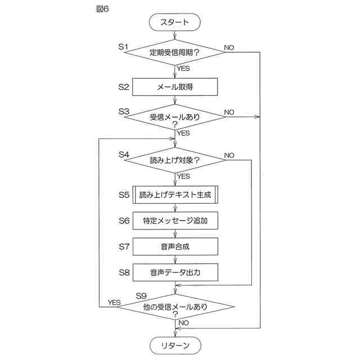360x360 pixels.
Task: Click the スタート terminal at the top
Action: pos(175,22)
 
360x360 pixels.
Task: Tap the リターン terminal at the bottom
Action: pos(175,345)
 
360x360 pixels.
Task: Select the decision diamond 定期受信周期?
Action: pos(175,52)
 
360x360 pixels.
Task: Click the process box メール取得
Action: pos(175,87)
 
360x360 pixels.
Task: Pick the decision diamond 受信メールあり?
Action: pos(175,117)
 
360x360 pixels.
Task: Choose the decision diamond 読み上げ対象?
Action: pos(175,160)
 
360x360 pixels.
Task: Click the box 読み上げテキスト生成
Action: pos(175,195)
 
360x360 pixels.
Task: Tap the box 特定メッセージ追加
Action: pos(175,220)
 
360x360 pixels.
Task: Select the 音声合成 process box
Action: pos(175,246)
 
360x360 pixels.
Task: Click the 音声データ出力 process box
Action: pos(175,272)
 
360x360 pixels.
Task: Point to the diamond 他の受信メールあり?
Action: pos(175,307)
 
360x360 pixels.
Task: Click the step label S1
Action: pos(123,47)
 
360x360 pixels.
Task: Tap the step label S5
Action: pos(124,195)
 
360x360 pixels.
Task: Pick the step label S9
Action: pos(141,296)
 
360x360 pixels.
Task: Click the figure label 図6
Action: pos(102,9)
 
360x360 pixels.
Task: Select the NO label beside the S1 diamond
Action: pos(229,47)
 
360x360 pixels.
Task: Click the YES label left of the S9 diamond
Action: pos(114,303)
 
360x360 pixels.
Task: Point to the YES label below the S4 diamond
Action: pos(184,176)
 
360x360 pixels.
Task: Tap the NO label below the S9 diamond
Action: pos(184,323)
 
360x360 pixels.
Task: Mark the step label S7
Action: pos(124,247)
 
